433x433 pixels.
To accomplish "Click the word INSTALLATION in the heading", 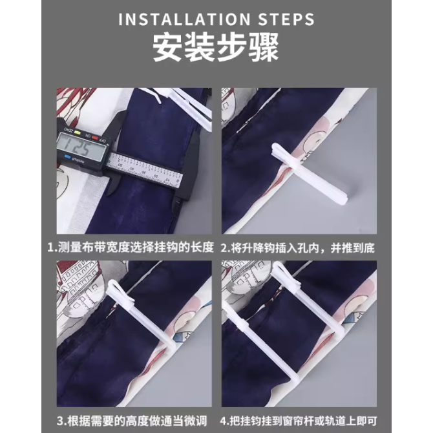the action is click(184, 19).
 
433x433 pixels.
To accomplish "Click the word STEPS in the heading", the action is click(287, 19).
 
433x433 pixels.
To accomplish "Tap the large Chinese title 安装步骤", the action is click(216, 47).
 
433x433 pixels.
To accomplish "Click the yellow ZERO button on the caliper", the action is click(78, 133).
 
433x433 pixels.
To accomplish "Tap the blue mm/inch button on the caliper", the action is click(68, 157).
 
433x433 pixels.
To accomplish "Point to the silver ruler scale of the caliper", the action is click(144, 169).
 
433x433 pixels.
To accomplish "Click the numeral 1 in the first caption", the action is click(50, 248).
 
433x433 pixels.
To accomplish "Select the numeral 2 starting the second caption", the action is click(224, 248).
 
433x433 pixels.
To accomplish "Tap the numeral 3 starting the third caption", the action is click(60, 421).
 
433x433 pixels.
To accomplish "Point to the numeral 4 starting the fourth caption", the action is click(223, 421).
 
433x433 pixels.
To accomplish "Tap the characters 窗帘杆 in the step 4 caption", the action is click(297, 421).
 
